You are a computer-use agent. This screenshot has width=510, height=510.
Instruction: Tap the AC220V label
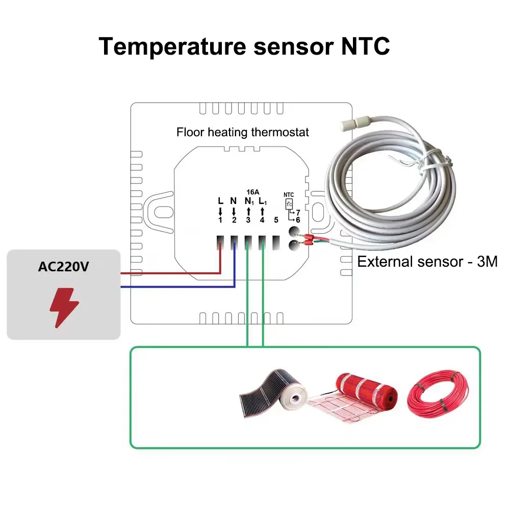63,267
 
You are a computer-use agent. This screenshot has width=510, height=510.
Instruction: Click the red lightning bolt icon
64,307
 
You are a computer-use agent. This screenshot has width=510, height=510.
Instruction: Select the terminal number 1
220,220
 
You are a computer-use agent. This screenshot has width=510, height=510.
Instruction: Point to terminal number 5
276,220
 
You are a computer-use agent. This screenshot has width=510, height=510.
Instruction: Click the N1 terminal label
248,201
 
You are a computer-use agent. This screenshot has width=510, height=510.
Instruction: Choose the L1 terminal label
263,201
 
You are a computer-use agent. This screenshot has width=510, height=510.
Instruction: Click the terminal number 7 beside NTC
297,212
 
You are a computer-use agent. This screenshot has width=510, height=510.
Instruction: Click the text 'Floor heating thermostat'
243,132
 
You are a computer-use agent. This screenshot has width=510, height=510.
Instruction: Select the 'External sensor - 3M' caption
427,262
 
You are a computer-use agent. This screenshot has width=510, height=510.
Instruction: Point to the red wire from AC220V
168,273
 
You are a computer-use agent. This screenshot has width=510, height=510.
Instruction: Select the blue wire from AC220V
173,287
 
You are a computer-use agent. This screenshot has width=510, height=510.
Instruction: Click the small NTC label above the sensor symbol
289,194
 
